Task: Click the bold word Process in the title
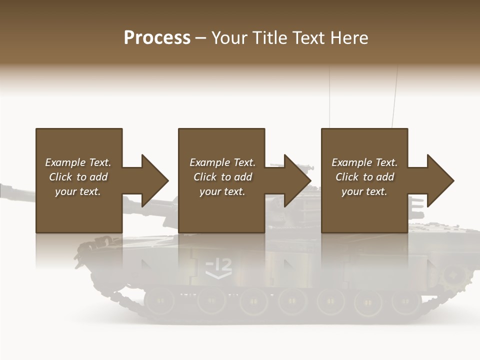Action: click(x=157, y=38)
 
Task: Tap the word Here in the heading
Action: click(x=349, y=38)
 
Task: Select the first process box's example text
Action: click(x=78, y=177)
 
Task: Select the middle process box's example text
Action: click(x=222, y=177)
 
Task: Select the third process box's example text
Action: click(x=364, y=177)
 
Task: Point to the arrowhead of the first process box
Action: click(x=155, y=180)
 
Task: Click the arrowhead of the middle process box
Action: click(x=298, y=180)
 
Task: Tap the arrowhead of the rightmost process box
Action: click(x=441, y=180)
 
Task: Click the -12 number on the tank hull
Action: click(x=219, y=264)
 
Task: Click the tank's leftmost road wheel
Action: click(x=159, y=300)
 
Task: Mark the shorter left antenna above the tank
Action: click(x=329, y=97)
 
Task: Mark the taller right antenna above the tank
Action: click(x=395, y=97)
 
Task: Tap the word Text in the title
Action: click(x=307, y=38)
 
